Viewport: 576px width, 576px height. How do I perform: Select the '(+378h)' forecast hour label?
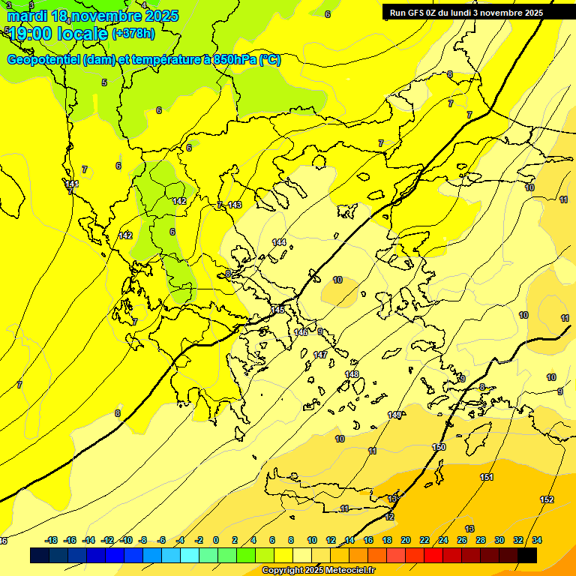133,33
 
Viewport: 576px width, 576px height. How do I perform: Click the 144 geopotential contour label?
279,242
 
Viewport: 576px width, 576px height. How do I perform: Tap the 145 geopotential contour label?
277,310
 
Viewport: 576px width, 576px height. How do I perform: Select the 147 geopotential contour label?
320,355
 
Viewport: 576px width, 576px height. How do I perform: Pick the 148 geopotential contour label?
351,374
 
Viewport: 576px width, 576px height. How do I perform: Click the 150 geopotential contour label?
439,447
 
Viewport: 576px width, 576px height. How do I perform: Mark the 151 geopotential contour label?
487,478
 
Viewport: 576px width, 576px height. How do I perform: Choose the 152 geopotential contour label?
547,499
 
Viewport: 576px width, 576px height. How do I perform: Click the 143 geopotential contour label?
235,205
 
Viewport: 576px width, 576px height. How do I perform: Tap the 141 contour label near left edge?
72,184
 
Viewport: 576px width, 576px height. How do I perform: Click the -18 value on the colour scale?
52,540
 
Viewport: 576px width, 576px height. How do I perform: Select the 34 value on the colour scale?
537,540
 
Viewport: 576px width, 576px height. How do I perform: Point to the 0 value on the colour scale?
216,540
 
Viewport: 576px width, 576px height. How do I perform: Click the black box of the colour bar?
526,555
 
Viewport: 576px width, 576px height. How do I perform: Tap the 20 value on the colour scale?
406,540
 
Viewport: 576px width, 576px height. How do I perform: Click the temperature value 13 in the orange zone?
469,529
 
